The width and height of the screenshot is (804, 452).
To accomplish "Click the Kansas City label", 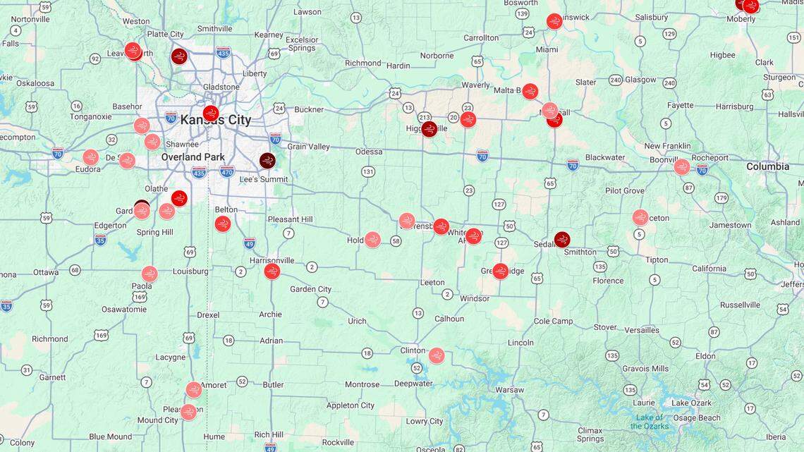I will point(215,120).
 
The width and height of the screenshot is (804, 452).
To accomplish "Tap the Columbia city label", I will point(768,166).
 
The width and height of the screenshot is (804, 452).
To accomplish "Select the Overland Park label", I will point(193,157).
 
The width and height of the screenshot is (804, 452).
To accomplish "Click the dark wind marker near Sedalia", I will point(562,239).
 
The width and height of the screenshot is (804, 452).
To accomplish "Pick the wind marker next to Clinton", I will point(437,355).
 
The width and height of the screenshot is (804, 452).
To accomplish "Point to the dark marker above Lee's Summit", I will point(267,161).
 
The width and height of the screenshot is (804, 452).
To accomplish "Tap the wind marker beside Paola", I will point(150,274).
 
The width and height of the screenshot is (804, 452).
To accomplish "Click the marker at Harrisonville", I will point(272,271).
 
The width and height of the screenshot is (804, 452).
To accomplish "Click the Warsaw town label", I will point(509,389).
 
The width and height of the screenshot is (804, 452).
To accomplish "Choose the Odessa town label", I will point(369,152).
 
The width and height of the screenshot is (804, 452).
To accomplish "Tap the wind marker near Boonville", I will point(681,167).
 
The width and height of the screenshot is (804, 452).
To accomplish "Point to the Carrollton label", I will point(481,37).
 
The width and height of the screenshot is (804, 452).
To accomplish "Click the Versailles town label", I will point(642,329).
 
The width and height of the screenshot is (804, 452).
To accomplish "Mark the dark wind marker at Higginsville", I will point(430,129).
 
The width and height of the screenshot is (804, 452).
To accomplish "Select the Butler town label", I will point(273,384).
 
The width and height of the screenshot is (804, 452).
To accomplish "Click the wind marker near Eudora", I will point(91,157).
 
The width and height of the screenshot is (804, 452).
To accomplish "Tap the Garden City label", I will point(310,289).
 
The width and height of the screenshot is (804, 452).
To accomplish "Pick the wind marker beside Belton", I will point(223,224).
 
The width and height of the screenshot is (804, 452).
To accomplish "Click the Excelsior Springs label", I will point(302,44).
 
